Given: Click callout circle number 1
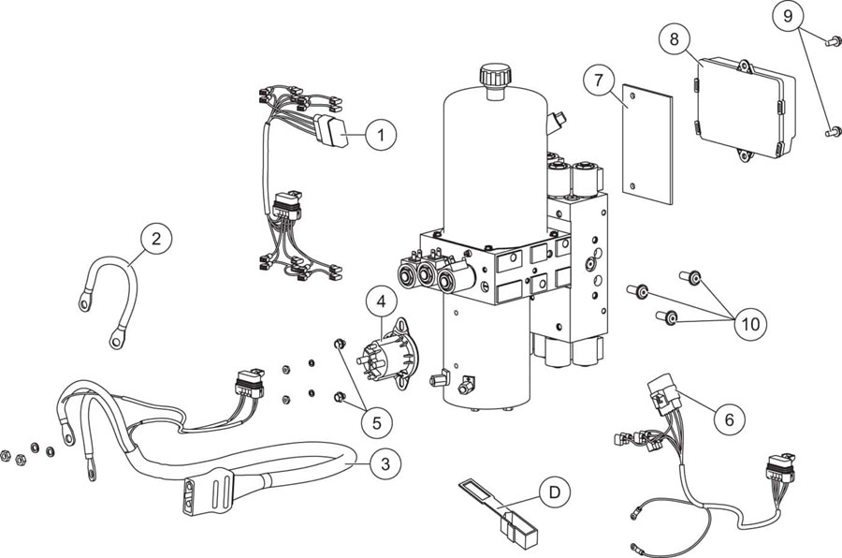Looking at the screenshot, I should (381, 135).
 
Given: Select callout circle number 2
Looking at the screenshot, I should (156, 238).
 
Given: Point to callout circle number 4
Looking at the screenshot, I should (381, 301).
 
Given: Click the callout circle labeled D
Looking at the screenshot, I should (556, 491).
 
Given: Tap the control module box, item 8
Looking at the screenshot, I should (743, 109).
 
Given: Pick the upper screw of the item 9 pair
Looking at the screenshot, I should (829, 39).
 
